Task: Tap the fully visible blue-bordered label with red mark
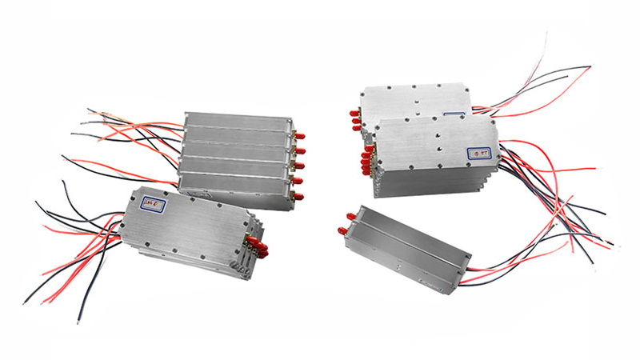tap(479, 149)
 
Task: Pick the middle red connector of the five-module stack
tap(300, 166)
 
